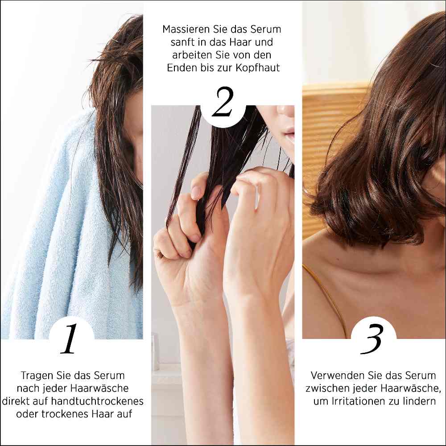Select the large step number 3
372,339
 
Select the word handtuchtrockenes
97,401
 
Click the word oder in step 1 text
28,414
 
